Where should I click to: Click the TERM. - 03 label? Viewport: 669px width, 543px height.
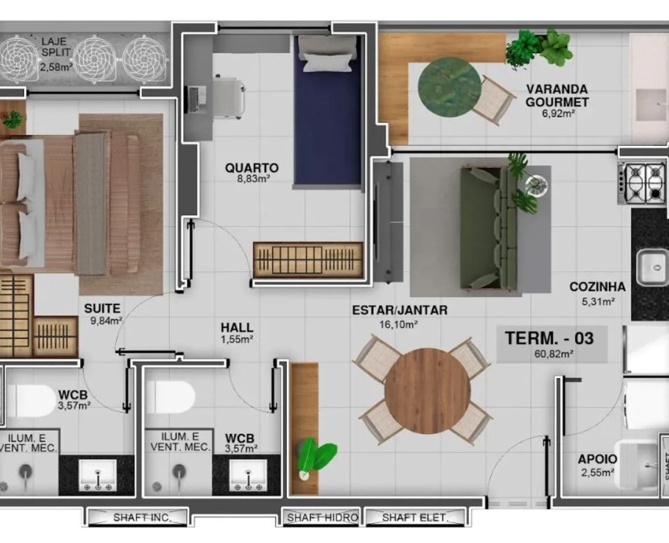(x=549, y=339)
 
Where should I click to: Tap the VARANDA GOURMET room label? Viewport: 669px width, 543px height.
(x=557, y=96)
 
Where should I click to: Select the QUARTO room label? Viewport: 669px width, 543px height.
(x=251, y=168)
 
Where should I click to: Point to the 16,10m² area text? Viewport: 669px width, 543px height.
(x=398, y=325)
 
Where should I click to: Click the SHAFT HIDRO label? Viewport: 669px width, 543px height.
(x=322, y=518)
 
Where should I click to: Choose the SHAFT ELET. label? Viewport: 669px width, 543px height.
(x=414, y=518)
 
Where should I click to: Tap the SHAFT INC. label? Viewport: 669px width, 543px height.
(x=141, y=518)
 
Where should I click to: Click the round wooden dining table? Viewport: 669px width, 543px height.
(x=427, y=391)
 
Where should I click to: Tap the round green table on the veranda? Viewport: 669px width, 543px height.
(x=449, y=88)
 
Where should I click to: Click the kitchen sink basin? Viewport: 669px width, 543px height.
(x=653, y=268)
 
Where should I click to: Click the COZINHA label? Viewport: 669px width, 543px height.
(x=597, y=286)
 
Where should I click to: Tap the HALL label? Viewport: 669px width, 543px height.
(x=237, y=328)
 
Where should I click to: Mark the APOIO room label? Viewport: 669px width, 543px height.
(x=597, y=459)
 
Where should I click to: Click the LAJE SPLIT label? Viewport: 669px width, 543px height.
(x=54, y=48)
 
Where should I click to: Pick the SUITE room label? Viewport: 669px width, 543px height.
(x=102, y=308)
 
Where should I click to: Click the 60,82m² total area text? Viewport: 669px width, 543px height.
(x=554, y=353)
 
